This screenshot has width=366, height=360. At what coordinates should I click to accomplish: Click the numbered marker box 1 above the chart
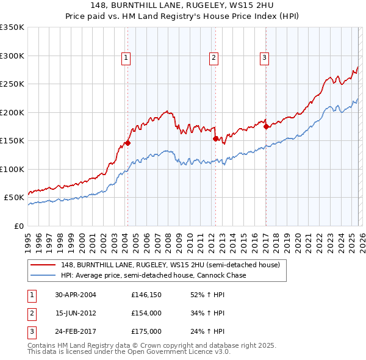coord(126,58)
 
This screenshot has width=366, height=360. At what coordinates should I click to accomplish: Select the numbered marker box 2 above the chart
coord(214,58)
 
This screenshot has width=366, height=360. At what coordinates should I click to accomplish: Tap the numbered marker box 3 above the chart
coord(265,58)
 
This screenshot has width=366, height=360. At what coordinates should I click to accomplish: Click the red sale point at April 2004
coord(127,143)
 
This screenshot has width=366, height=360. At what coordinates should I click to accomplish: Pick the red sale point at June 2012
coord(215,139)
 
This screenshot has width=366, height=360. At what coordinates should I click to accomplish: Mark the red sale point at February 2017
coord(266,127)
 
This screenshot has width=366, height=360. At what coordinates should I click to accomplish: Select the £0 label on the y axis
coord(18,226)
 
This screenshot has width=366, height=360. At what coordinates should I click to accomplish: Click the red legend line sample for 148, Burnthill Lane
coord(43,265)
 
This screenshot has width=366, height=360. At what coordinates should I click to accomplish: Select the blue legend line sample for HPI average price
coord(43,275)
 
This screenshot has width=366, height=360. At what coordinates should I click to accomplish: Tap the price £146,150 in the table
coord(146,294)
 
